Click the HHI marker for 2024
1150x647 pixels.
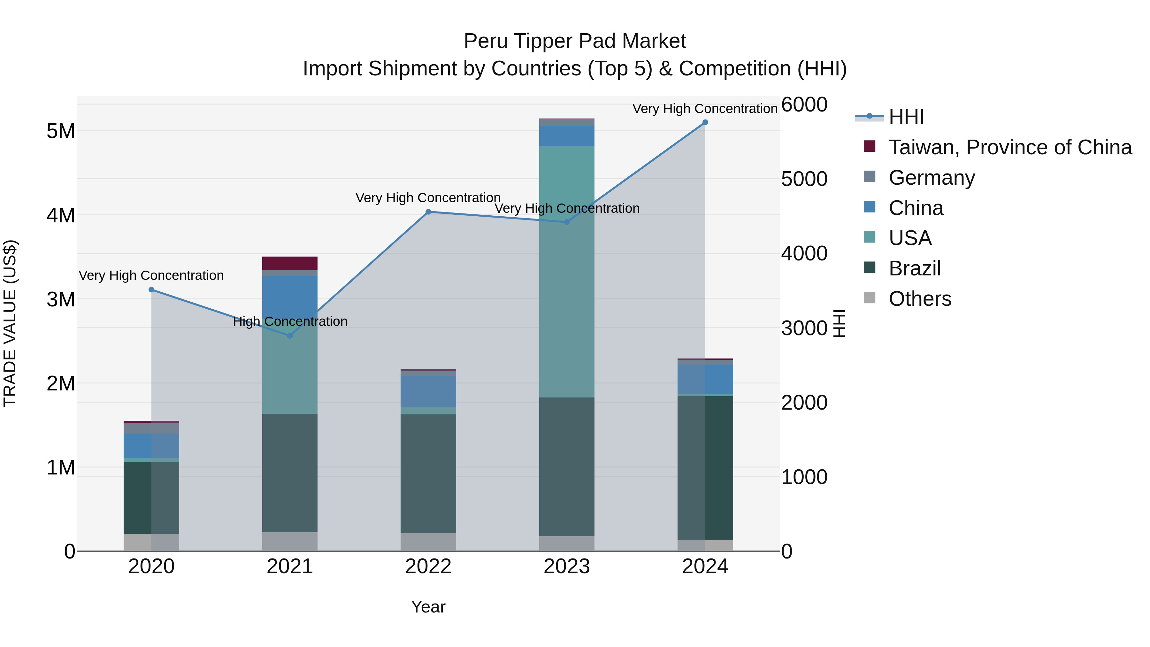705,122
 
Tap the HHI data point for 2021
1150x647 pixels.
290,335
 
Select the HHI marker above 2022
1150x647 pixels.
428,212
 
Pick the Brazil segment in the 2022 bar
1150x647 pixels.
428,473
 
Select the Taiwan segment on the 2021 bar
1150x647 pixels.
290,263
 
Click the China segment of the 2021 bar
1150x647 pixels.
290,295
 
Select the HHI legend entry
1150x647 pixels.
906,117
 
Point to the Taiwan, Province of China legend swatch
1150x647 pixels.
869,146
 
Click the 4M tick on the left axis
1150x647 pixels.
61,215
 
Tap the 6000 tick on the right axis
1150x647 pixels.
804,104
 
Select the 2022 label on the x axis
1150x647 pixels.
428,566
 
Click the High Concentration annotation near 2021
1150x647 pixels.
290,321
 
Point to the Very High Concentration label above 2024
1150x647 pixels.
705,109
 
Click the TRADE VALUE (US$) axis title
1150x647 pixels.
10,323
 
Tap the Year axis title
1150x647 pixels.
428,607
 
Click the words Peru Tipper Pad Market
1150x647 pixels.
575,41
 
